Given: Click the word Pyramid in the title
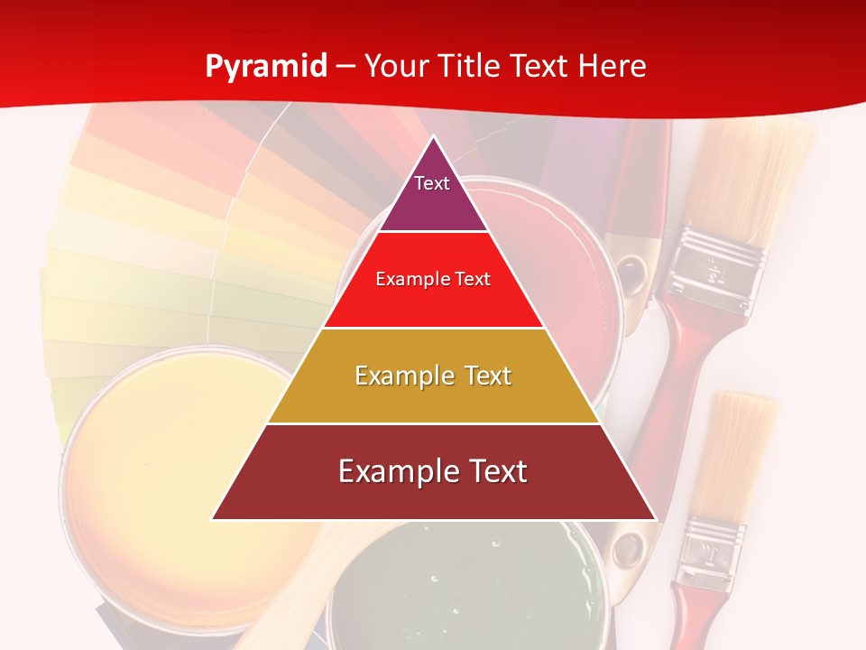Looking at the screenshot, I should click(265, 66).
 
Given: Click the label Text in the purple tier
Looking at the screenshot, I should click(432, 183).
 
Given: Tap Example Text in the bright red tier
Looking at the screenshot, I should click(433, 279).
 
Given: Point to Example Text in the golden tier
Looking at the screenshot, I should click(433, 376).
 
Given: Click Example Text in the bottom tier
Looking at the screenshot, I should click(433, 471).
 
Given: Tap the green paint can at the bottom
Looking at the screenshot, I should click(460, 587).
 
